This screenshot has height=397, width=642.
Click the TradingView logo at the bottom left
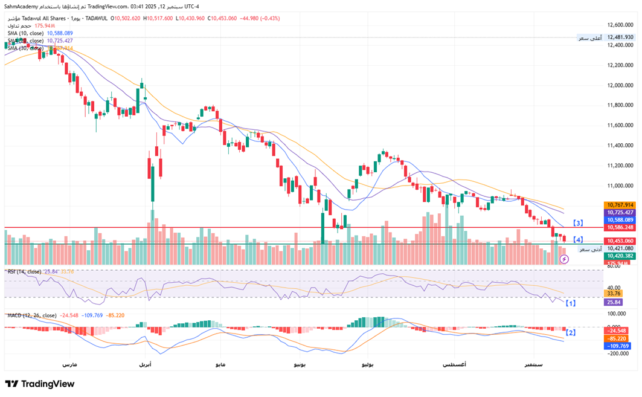click(x=40, y=384)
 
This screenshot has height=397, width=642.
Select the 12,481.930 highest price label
click(x=620, y=37)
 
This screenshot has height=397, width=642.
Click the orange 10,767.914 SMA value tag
click(x=620, y=205)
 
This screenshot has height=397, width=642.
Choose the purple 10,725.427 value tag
click(x=620, y=213)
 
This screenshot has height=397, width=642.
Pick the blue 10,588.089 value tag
click(x=620, y=220)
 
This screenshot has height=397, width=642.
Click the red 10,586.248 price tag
click(x=620, y=227)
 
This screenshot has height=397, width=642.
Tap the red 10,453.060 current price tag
click(x=620, y=241)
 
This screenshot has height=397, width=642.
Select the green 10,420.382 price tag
click(x=620, y=256)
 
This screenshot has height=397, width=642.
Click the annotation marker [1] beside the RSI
click(x=570, y=302)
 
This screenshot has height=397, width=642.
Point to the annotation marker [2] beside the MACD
click(x=570, y=332)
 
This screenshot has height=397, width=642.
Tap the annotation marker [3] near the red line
click(x=578, y=223)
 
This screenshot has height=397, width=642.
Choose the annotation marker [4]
click(x=578, y=240)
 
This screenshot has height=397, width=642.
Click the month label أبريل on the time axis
click(x=146, y=365)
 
